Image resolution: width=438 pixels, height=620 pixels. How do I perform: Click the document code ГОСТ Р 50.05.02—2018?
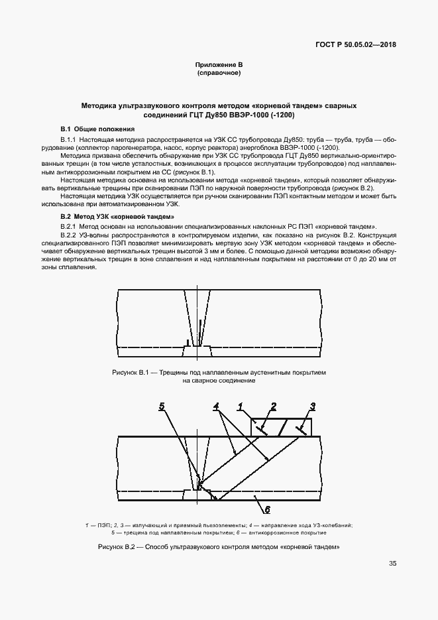(x=359, y=46)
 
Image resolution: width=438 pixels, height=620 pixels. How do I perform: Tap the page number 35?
(x=392, y=564)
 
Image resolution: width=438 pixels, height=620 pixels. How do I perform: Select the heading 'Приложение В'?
(x=219, y=64)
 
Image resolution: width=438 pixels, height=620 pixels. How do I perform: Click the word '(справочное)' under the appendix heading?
(x=219, y=72)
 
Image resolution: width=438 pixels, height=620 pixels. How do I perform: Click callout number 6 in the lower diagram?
(x=267, y=509)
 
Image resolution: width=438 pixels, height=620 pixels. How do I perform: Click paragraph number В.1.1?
(x=69, y=139)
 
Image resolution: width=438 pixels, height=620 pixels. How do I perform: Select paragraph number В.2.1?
(x=69, y=227)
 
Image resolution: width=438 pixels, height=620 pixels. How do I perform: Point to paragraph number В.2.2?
(x=69, y=235)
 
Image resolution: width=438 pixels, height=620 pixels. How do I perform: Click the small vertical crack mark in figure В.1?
(x=190, y=342)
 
